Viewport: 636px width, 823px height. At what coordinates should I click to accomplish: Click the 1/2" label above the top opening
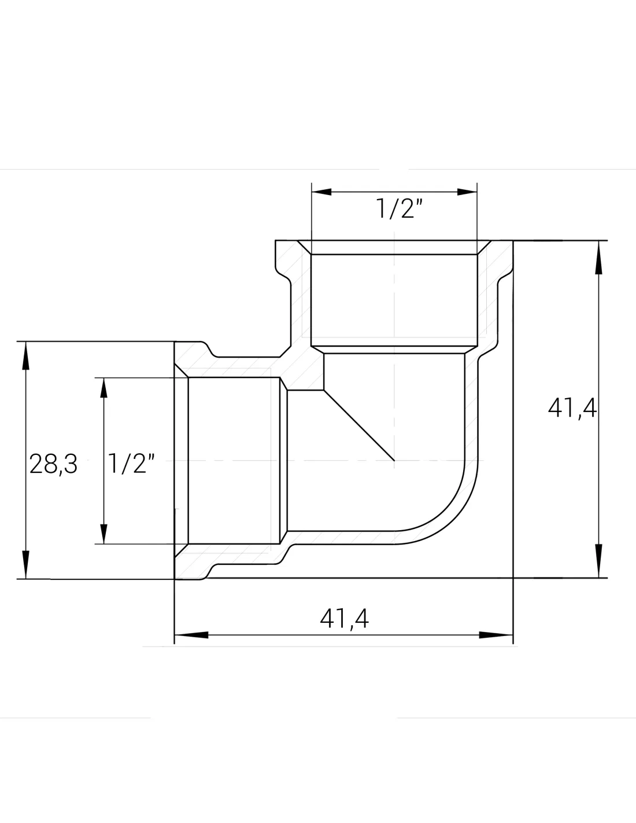tap(399, 208)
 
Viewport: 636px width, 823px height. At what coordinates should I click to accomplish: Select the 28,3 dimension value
tap(53, 464)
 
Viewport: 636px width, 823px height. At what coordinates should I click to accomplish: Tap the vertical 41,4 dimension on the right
tap(572, 409)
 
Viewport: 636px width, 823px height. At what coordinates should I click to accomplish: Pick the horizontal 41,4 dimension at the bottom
tap(344, 619)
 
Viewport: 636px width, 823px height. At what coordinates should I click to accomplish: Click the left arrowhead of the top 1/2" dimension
tap(321, 192)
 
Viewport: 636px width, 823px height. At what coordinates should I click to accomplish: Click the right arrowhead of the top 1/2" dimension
tap(467, 192)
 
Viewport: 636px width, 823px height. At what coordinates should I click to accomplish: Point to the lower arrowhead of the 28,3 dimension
tap(25, 565)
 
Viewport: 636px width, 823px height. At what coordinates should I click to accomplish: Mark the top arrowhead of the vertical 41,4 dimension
tap(598, 257)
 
